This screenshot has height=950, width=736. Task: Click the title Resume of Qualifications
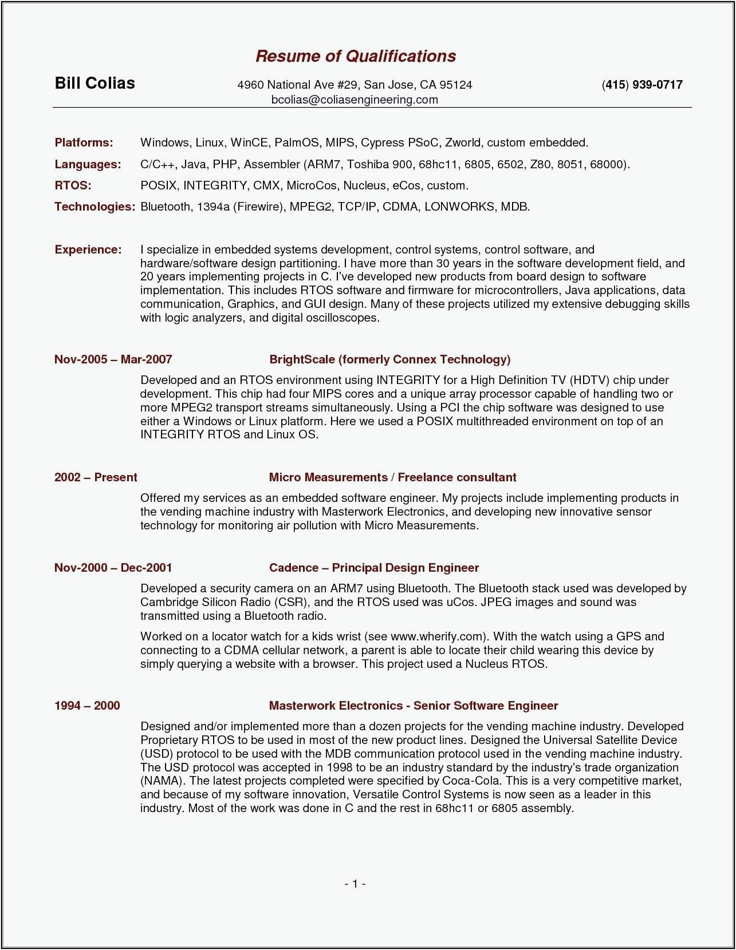coord(355,56)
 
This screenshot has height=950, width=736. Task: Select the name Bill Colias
coord(95,84)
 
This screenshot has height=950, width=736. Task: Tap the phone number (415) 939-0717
coord(642,85)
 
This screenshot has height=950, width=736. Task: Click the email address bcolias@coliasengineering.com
coord(355,100)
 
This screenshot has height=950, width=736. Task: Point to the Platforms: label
coord(84,142)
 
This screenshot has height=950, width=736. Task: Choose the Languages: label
coord(88,164)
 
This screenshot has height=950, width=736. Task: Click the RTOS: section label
coord(73,185)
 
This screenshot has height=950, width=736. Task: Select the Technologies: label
coord(95,207)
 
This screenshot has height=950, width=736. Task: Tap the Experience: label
coord(88,250)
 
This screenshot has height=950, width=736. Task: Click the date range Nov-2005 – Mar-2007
coord(113,359)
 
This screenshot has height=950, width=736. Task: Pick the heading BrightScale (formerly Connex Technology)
coord(389,359)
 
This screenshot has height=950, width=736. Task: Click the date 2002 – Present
coord(96,477)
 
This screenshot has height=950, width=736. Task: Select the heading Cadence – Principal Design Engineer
coord(374,568)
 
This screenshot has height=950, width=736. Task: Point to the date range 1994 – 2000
coord(87,706)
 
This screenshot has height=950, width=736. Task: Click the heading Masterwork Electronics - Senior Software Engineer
coord(413,706)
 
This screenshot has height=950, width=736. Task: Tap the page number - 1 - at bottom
coord(355,884)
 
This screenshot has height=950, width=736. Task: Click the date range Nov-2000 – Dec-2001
coord(113,568)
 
